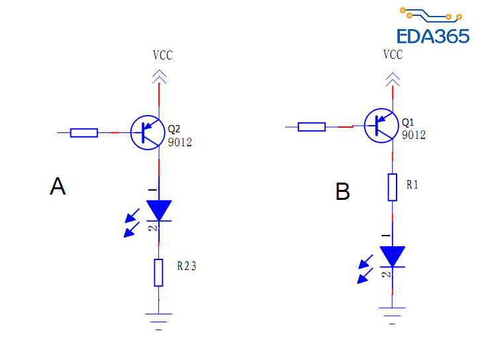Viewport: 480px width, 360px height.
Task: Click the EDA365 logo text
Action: click(x=433, y=36)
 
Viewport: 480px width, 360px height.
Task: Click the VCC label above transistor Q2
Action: click(x=162, y=56)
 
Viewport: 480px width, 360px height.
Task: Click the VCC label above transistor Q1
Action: click(x=393, y=55)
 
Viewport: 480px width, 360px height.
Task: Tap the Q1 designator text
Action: click(x=408, y=123)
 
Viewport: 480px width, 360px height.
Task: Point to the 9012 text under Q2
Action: click(x=180, y=142)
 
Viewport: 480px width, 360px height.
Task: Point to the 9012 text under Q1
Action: click(x=414, y=135)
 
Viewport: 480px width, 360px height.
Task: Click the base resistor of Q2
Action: click(x=84, y=132)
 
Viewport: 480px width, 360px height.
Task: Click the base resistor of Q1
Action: click(x=311, y=126)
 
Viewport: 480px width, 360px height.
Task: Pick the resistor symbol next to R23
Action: click(x=158, y=273)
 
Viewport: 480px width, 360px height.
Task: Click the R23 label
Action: click(x=187, y=267)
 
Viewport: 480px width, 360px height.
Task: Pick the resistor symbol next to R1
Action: click(x=392, y=187)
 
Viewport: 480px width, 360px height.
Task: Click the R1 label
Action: click(x=412, y=185)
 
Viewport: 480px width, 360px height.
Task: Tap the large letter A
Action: click(x=58, y=187)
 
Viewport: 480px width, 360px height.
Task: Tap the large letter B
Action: click(x=342, y=192)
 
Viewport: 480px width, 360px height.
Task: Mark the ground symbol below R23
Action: click(x=158, y=320)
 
